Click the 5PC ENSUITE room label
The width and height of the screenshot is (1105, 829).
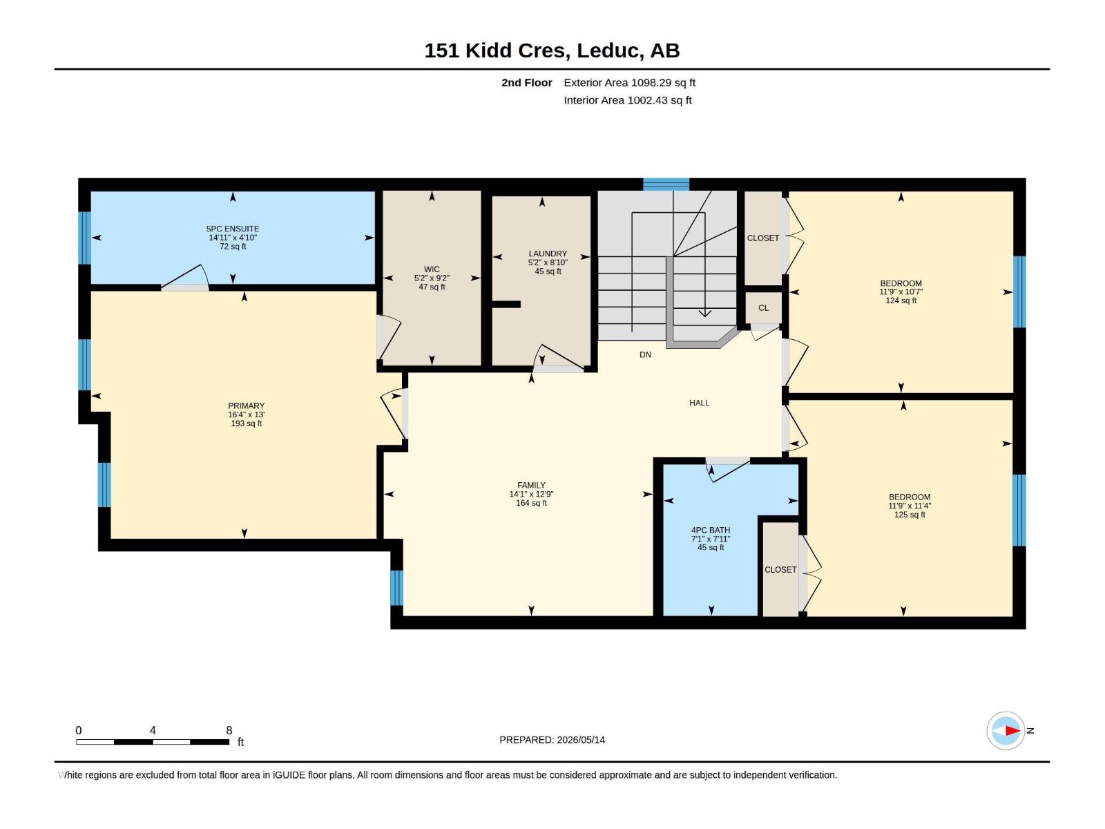coord(233,229)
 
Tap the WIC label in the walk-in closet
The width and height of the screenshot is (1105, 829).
coord(432,269)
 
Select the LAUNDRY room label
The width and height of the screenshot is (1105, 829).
coord(548,254)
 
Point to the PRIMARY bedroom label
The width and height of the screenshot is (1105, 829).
coord(246,406)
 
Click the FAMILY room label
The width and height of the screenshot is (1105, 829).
coord(531,485)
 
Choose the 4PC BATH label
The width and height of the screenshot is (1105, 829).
coord(711,530)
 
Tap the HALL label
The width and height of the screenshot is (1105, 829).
coord(699,403)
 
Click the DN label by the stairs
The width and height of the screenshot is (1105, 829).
coord(645,354)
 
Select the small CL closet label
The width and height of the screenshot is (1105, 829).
coord(764,307)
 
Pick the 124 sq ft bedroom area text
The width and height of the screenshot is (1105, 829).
coord(901,301)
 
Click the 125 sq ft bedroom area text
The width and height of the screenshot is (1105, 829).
coord(910,515)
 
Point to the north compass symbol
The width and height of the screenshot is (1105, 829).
coord(1006,730)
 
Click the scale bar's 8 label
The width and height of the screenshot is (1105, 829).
coord(229,730)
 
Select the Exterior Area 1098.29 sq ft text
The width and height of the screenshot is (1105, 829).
coord(629,82)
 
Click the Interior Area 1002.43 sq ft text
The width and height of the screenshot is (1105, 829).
coord(627,100)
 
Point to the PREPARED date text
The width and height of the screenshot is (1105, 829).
coord(552,740)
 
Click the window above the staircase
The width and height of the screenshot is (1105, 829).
coord(666,184)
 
